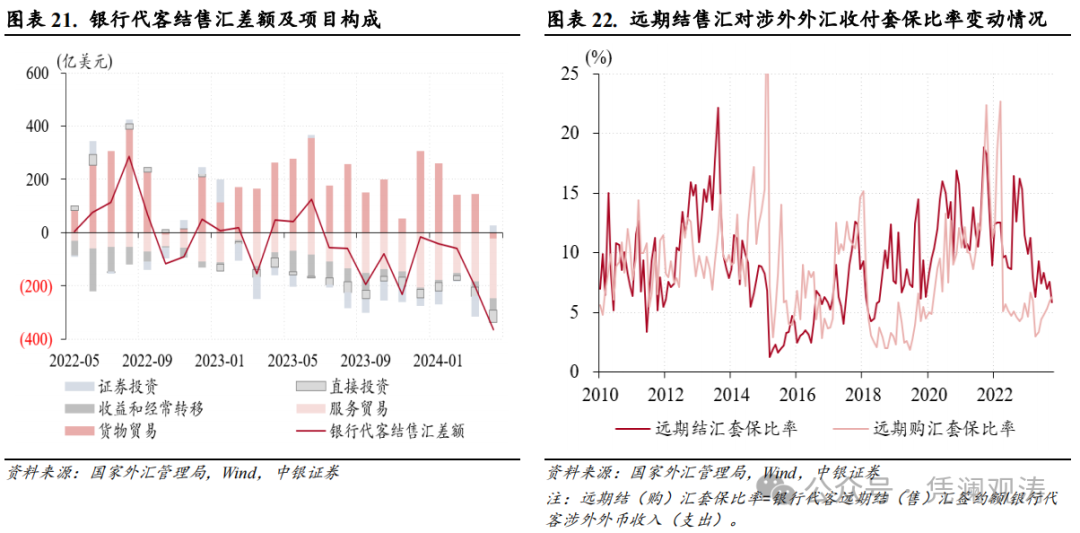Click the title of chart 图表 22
coord(796,19)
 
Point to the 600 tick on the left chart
coord(37,73)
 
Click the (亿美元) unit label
coord(85,60)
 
